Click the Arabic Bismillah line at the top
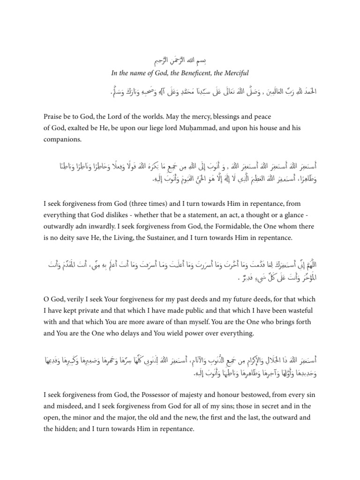click(x=180, y=61)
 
